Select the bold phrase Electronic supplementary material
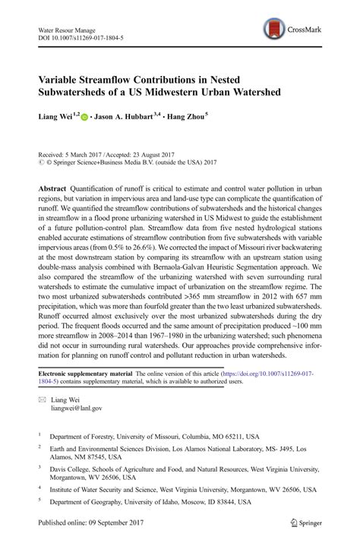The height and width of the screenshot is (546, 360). point(85,375)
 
